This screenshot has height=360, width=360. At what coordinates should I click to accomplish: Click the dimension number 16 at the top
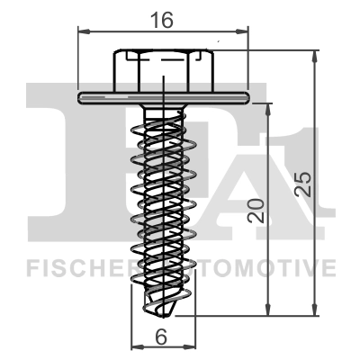(x=164, y=17)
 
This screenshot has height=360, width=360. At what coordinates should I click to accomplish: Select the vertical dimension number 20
(x=256, y=213)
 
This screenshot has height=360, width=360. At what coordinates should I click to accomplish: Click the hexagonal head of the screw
(x=163, y=68)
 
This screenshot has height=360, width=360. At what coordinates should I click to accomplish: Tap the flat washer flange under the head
(x=163, y=94)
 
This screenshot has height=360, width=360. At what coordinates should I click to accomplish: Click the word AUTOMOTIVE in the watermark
(x=261, y=267)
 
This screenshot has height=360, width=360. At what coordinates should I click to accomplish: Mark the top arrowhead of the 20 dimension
(x=268, y=106)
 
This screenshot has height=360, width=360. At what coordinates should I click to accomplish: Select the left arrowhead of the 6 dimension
(x=135, y=347)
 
